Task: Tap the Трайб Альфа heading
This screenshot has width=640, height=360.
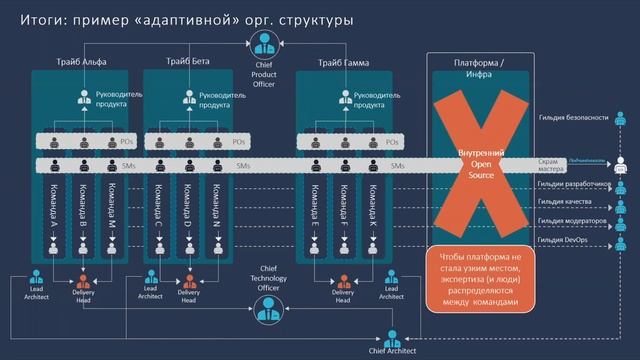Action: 83,63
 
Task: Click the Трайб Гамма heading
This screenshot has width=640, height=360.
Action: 343,63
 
